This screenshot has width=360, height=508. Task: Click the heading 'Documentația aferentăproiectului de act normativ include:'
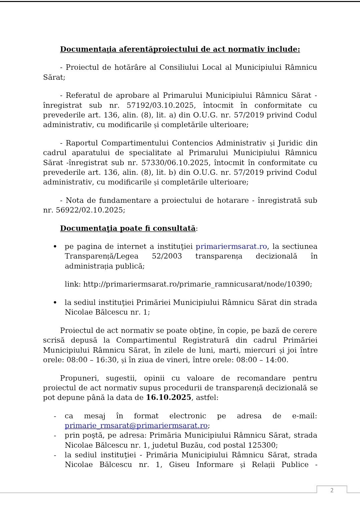(x=180, y=49)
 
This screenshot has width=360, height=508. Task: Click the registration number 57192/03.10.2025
(x=160, y=105)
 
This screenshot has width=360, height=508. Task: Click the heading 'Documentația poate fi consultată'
(x=128, y=228)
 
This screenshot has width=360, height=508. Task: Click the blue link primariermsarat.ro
(x=231, y=246)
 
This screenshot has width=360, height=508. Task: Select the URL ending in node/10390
(x=197, y=284)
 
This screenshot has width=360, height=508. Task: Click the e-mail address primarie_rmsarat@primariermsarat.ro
(x=136, y=426)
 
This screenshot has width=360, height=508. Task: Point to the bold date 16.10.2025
(x=168, y=398)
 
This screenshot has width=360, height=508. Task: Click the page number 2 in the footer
(x=332, y=490)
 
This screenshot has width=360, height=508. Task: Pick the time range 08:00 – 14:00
(x=262, y=360)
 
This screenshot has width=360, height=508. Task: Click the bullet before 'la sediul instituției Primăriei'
(x=55, y=303)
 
